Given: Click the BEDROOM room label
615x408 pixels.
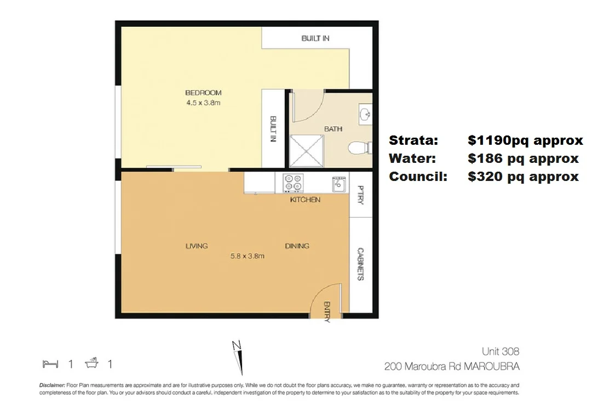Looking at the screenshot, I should [203, 93].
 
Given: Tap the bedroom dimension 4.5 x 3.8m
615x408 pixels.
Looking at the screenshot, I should [203, 103].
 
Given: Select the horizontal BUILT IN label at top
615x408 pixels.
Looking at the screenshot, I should [315, 38].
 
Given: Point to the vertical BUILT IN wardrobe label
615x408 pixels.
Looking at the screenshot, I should [272, 129].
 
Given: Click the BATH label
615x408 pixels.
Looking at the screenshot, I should [333, 129].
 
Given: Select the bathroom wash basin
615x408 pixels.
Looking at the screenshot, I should [365, 114].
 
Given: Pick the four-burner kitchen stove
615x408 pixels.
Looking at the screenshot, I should [292, 182].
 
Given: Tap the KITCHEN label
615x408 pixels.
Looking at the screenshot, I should [305, 200].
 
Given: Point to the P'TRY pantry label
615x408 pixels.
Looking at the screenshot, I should [360, 194].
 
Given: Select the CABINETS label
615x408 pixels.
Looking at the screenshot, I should [360, 264].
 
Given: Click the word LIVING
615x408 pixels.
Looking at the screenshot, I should [197, 246].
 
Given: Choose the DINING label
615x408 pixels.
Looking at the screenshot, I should [297, 246].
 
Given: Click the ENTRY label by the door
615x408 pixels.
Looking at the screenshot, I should [327, 311].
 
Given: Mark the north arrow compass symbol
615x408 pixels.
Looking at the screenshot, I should [238, 356].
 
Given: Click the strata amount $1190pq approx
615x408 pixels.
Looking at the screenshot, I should [525, 140].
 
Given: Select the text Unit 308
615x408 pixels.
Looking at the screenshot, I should [500, 352].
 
